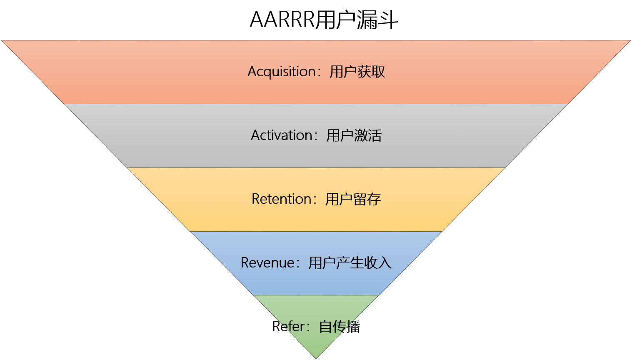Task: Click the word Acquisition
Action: pyautogui.click(x=281, y=72)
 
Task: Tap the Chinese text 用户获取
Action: pyautogui.click(x=357, y=72)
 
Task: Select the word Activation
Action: pyautogui.click(x=282, y=135)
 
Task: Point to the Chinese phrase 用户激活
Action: pyautogui.click(x=354, y=135)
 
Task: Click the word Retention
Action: pyautogui.click(x=281, y=199)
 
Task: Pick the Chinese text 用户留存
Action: pyautogui.click(x=353, y=199)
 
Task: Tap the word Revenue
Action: pyautogui.click(x=267, y=263)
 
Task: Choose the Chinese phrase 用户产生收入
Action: pyautogui.click(x=350, y=263)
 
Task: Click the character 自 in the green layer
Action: pyautogui.click(x=326, y=327)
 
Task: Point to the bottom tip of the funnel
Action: pyautogui.click(x=316, y=358)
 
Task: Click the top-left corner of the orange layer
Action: pyautogui.click(x=2, y=41)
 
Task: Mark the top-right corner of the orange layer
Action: pyautogui.click(x=630, y=41)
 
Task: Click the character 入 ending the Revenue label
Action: pyautogui.click(x=385, y=263)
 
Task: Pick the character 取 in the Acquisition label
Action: pyautogui.click(x=378, y=72)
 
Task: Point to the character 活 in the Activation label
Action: pyautogui.click(x=375, y=135)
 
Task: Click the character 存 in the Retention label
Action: pyautogui.click(x=374, y=199)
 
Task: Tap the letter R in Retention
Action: pyautogui.click(x=256, y=199)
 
